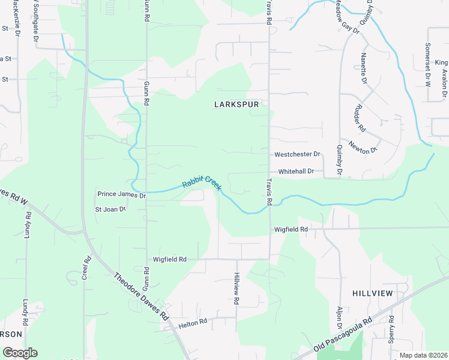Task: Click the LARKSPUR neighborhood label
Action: [236, 104]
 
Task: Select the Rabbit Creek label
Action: [202, 182]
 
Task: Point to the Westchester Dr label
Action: [297, 154]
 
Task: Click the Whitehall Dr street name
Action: [296, 171]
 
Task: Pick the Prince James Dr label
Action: [122, 195]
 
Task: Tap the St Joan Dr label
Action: [110, 209]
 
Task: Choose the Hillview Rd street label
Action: [237, 288]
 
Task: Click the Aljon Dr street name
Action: [340, 317]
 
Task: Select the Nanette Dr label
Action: [364, 67]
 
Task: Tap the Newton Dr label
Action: [363, 146]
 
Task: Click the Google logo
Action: [20, 353]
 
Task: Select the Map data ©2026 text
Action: [423, 355]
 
